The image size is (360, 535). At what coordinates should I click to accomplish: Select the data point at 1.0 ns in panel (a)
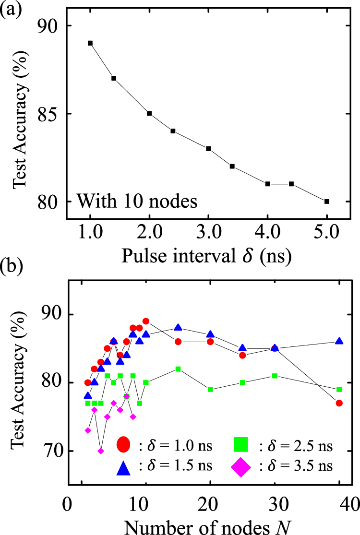coord(90,43)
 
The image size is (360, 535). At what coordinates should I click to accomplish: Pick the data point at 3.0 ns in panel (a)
coord(209,149)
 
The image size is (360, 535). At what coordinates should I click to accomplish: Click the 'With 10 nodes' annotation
coord(136,201)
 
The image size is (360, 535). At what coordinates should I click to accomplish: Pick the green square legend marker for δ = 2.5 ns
coord(242,445)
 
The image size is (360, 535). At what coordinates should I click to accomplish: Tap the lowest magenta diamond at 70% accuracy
coord(100,451)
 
